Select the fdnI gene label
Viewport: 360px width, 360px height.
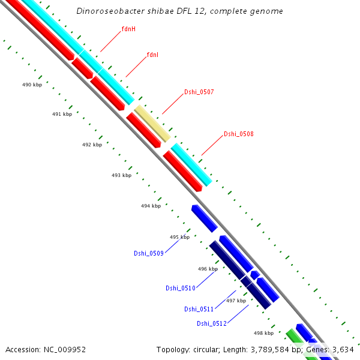152,55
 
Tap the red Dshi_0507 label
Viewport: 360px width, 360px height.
199,92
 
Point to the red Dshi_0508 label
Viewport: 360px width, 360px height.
238,134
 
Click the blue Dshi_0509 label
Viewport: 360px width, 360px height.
148,253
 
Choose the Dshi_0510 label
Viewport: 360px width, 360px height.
181,288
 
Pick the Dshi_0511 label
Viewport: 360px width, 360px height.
199,309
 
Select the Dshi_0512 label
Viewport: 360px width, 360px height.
211,323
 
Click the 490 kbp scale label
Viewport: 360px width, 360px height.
32,85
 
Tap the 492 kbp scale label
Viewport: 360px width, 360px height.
92,145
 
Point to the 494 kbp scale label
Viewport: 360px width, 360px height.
151,206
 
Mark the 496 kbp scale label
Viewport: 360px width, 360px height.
208,269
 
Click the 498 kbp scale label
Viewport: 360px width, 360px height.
263,333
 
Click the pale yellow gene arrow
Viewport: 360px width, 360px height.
152,123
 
